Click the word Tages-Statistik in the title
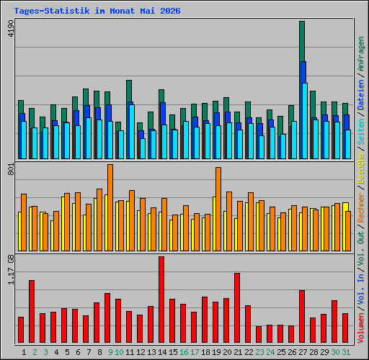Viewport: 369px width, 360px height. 52,11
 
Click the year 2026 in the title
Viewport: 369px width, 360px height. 170,11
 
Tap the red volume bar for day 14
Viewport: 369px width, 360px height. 161,300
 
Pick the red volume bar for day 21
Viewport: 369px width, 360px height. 237,308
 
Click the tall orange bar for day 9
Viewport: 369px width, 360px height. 110,208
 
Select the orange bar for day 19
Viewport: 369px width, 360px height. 218,210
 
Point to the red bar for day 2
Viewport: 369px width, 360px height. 32,312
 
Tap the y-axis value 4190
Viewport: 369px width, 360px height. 11,28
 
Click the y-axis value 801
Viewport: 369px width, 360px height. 11,168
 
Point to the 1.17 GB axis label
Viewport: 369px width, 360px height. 11,269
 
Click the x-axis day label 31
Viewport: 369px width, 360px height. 346,352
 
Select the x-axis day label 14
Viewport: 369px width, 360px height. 162,352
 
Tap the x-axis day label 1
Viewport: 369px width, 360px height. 24,352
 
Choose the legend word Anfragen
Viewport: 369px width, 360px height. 361,54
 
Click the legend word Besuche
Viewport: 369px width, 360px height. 361,168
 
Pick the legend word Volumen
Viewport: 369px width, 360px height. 361,328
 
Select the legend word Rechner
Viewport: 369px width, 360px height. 361,207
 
